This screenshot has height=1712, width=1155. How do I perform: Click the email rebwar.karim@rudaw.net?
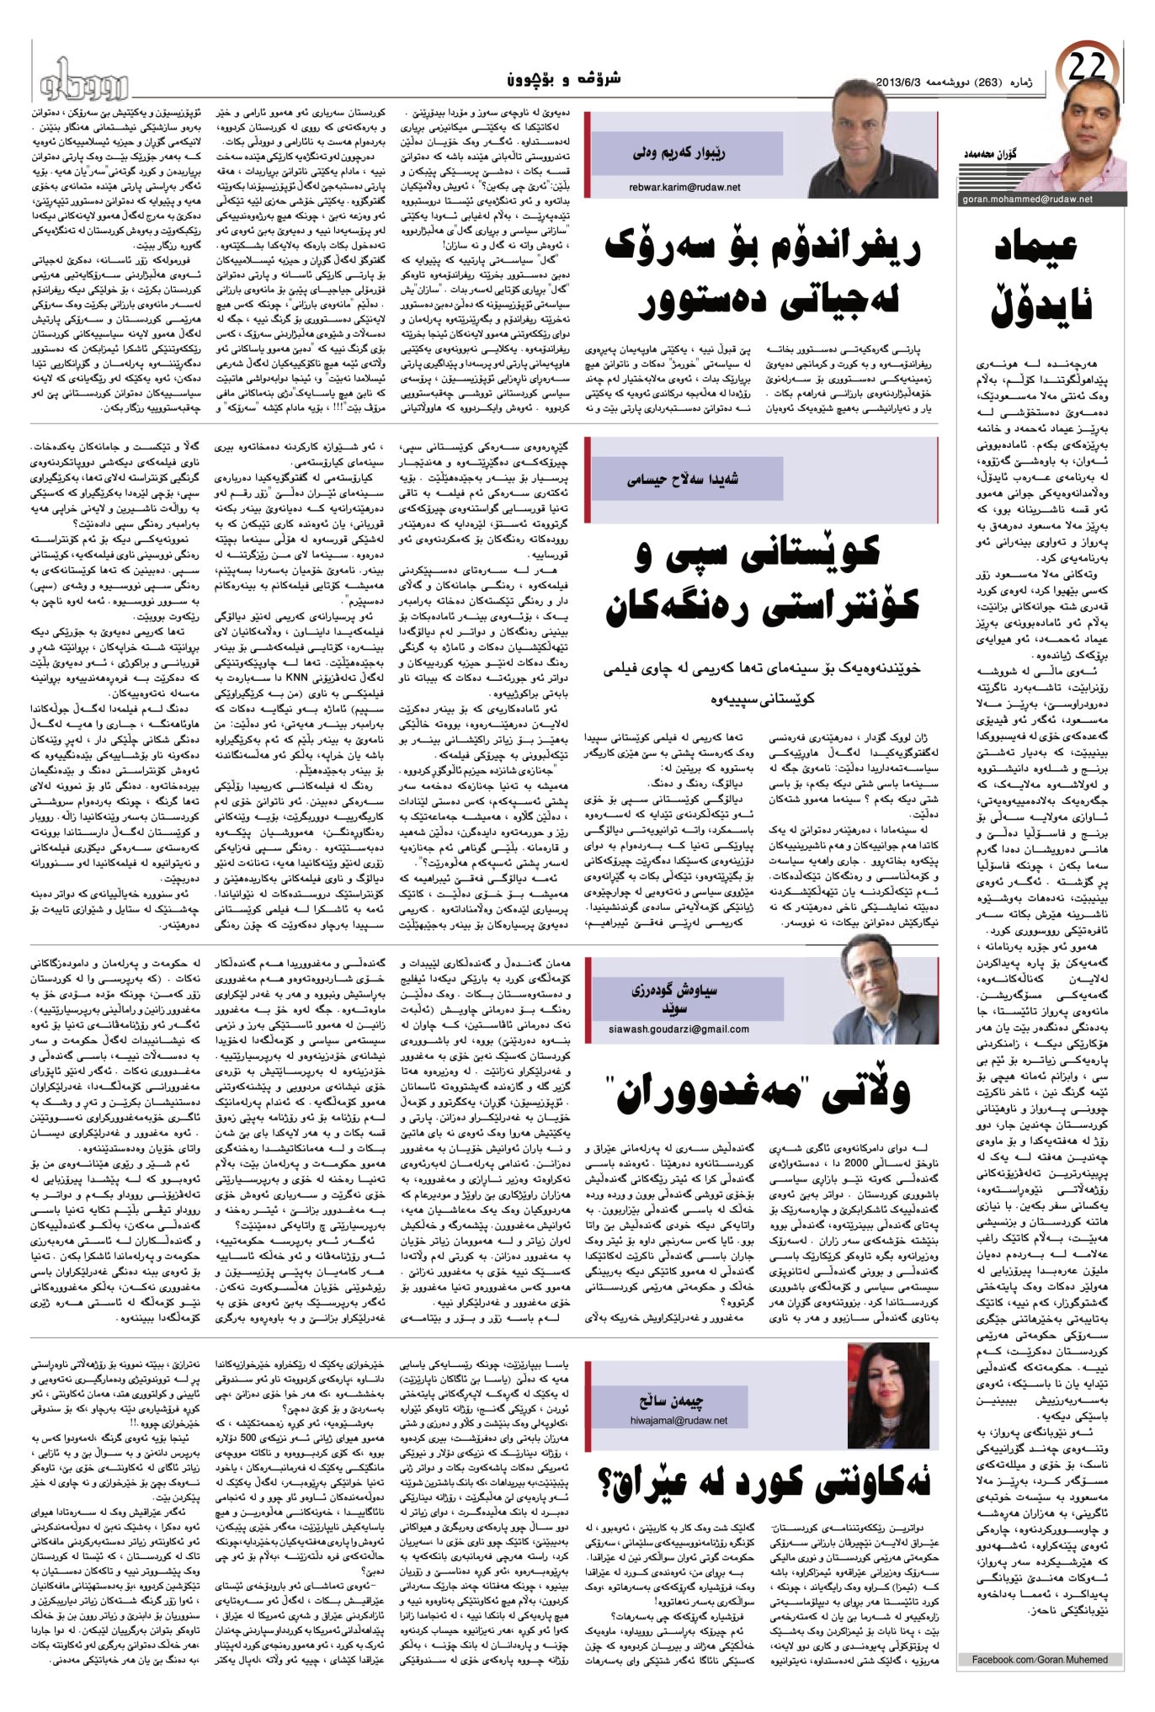click(x=684, y=188)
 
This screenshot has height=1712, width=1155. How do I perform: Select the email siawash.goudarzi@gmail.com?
click(x=679, y=1029)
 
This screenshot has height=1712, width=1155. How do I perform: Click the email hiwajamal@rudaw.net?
click(x=679, y=1420)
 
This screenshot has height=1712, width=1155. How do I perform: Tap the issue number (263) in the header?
click(x=987, y=82)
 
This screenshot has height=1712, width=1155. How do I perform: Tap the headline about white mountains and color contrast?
click(x=762, y=581)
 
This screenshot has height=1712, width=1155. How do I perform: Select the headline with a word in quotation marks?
click(x=762, y=1092)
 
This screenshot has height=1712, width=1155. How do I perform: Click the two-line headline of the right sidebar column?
click(x=1042, y=278)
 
